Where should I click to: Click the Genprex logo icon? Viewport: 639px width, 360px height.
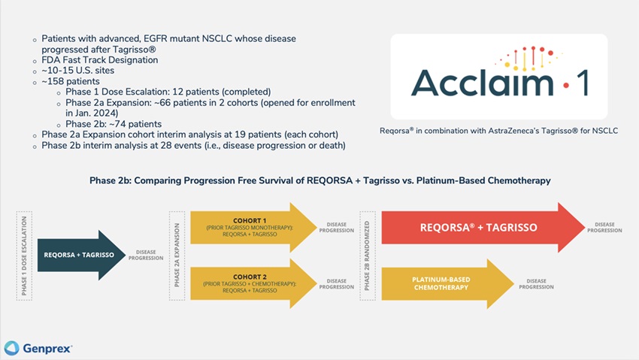click(x=11, y=348)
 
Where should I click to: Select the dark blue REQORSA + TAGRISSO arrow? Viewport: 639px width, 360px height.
click(x=81, y=256)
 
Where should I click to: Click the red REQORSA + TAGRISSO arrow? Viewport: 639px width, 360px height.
click(x=483, y=227)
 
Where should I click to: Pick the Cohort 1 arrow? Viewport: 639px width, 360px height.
click(x=253, y=227)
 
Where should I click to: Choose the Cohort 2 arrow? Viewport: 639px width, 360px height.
click(x=253, y=283)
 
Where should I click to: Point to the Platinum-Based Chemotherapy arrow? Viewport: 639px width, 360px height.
click(x=447, y=283)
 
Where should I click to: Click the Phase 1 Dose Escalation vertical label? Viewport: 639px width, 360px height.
click(x=24, y=256)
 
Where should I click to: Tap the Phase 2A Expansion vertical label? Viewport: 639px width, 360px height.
click(x=177, y=256)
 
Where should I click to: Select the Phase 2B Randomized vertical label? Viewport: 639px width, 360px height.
click(x=367, y=256)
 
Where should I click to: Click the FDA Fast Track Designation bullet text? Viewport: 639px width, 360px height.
click(x=100, y=60)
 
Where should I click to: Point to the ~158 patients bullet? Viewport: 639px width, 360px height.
click(x=71, y=81)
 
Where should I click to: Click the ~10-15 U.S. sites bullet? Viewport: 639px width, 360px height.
click(x=78, y=71)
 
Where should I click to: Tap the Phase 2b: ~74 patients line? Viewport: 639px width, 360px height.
click(x=114, y=124)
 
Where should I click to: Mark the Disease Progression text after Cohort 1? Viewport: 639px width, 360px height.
click(x=337, y=227)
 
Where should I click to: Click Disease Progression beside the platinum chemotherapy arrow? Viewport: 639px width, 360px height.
click(x=536, y=284)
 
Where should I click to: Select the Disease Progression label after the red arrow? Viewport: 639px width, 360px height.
click(x=604, y=227)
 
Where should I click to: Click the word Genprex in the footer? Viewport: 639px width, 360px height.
click(x=47, y=349)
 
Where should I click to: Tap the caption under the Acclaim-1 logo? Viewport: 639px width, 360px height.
click(x=499, y=131)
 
